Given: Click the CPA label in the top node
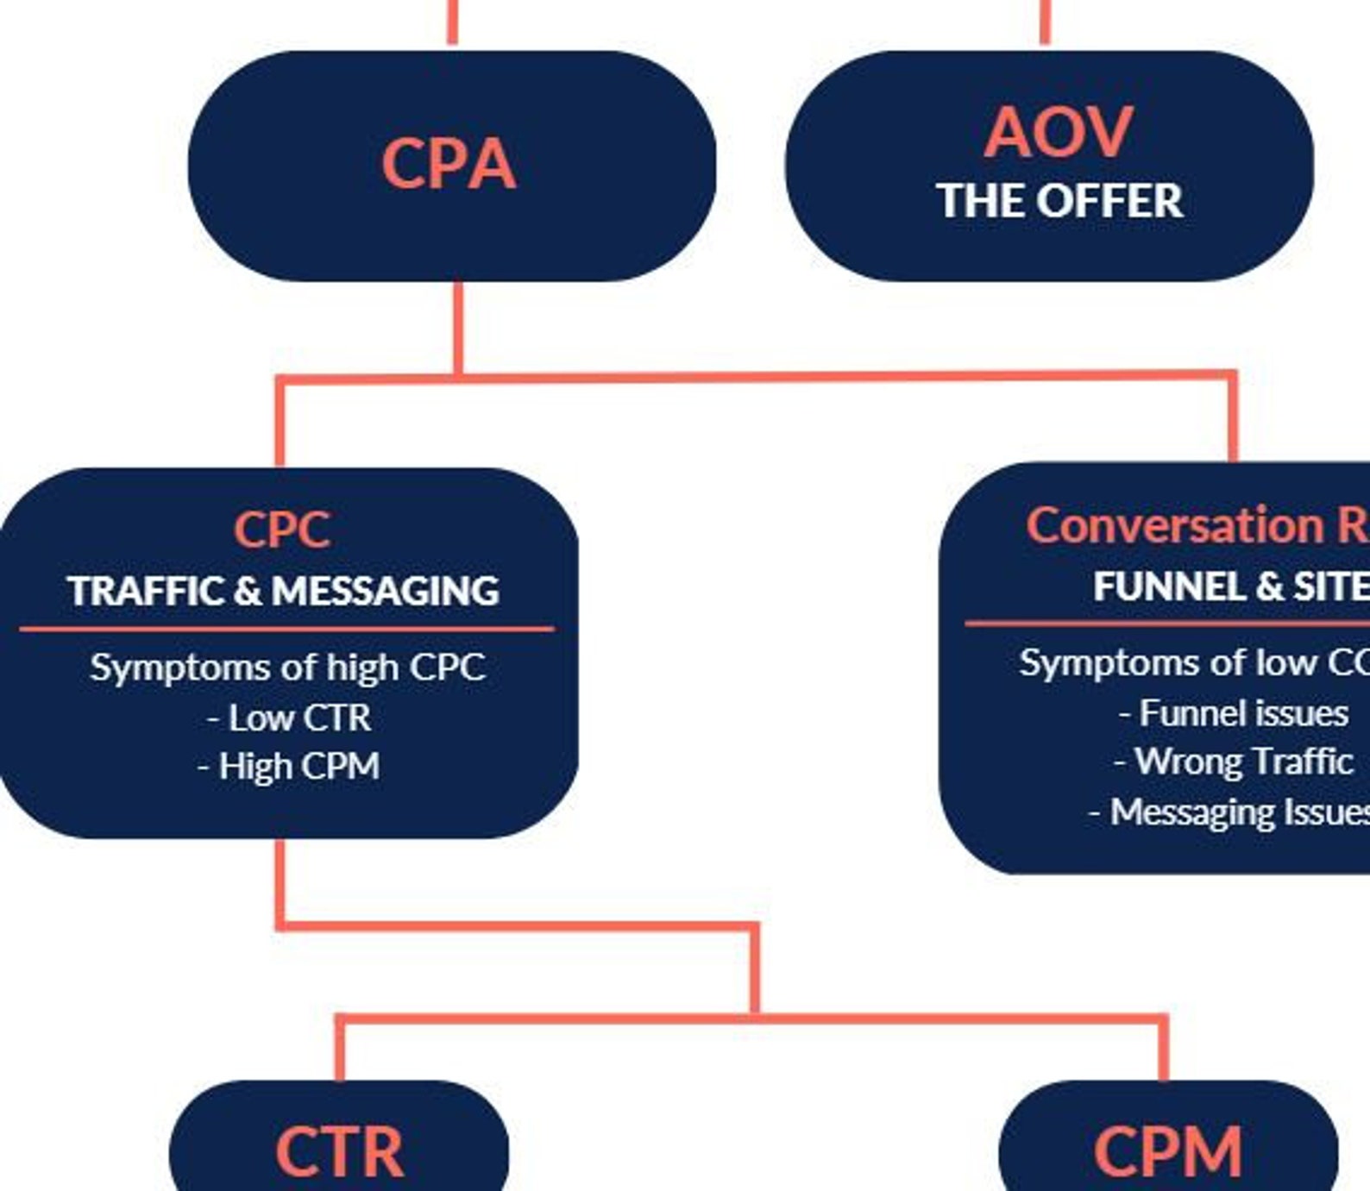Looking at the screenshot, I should click(x=449, y=164).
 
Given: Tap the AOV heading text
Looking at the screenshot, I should click(x=1058, y=133).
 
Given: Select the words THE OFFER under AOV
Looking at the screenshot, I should click(x=1059, y=201).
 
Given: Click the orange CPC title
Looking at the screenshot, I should click(x=282, y=530).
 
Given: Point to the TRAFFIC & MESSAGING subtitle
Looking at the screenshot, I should click(x=283, y=592).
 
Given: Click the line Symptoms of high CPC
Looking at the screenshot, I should click(x=288, y=668).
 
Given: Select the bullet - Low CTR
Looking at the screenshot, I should click(x=290, y=718).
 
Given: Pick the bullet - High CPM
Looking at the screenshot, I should click(x=289, y=767).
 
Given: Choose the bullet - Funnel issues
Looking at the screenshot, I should click(x=1234, y=713).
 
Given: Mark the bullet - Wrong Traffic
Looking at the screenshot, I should click(x=1234, y=762).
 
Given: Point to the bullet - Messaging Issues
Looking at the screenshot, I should click(x=1229, y=812).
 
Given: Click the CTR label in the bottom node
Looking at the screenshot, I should click(x=339, y=1152).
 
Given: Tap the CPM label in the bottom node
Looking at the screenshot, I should click(x=1167, y=1152).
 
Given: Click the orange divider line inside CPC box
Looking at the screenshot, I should click(x=286, y=629).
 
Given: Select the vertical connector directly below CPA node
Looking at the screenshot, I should click(x=458, y=328).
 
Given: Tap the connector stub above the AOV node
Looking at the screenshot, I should click(x=1045, y=22).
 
